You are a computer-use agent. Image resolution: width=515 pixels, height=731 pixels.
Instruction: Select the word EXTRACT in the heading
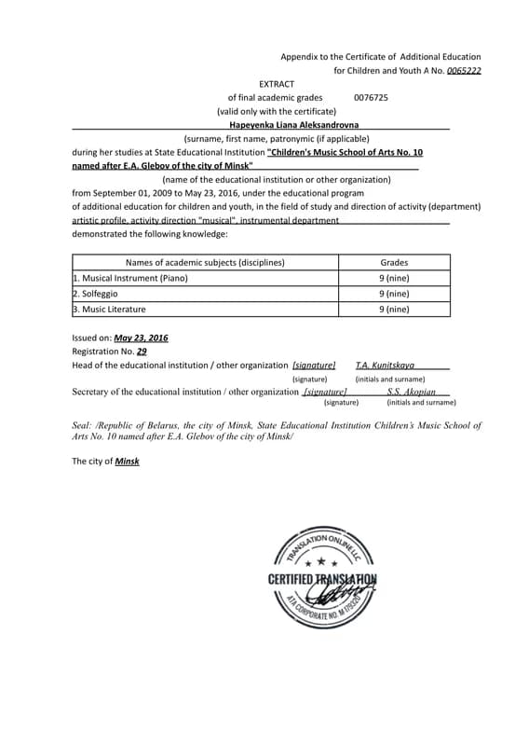click(277, 84)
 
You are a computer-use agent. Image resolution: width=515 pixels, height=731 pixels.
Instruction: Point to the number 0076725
click(371, 97)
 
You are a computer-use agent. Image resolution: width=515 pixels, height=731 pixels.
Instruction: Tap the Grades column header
click(394, 263)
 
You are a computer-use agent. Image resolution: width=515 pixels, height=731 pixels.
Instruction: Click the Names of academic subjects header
click(205, 263)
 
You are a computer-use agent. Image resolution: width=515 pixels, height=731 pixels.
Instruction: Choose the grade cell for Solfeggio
click(394, 294)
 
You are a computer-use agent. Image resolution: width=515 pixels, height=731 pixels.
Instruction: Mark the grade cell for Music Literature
click(394, 309)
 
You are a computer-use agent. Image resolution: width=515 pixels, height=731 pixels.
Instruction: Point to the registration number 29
click(142, 352)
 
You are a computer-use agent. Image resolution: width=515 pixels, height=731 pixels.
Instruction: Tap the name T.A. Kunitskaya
click(386, 365)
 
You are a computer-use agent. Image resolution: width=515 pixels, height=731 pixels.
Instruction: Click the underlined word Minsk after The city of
click(127, 461)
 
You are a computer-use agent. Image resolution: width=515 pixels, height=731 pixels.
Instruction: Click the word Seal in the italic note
click(83, 425)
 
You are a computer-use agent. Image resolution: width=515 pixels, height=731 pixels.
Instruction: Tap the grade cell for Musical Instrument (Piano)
click(394, 278)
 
